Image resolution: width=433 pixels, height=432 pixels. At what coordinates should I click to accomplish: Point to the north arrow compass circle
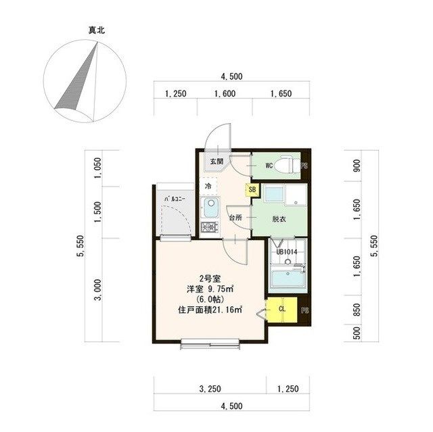[x=84, y=82]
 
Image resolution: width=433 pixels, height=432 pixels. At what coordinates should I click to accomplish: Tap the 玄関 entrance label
[x=216, y=162]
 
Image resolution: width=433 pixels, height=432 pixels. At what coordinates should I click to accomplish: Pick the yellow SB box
[x=252, y=191]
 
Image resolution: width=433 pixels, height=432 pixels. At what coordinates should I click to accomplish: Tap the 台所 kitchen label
[x=234, y=218]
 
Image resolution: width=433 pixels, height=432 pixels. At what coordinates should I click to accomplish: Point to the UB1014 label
[x=286, y=252]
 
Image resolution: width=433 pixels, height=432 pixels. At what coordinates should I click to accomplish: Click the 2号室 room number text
[x=208, y=279]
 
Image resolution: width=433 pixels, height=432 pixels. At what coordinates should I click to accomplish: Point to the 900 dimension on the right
[x=357, y=166]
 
